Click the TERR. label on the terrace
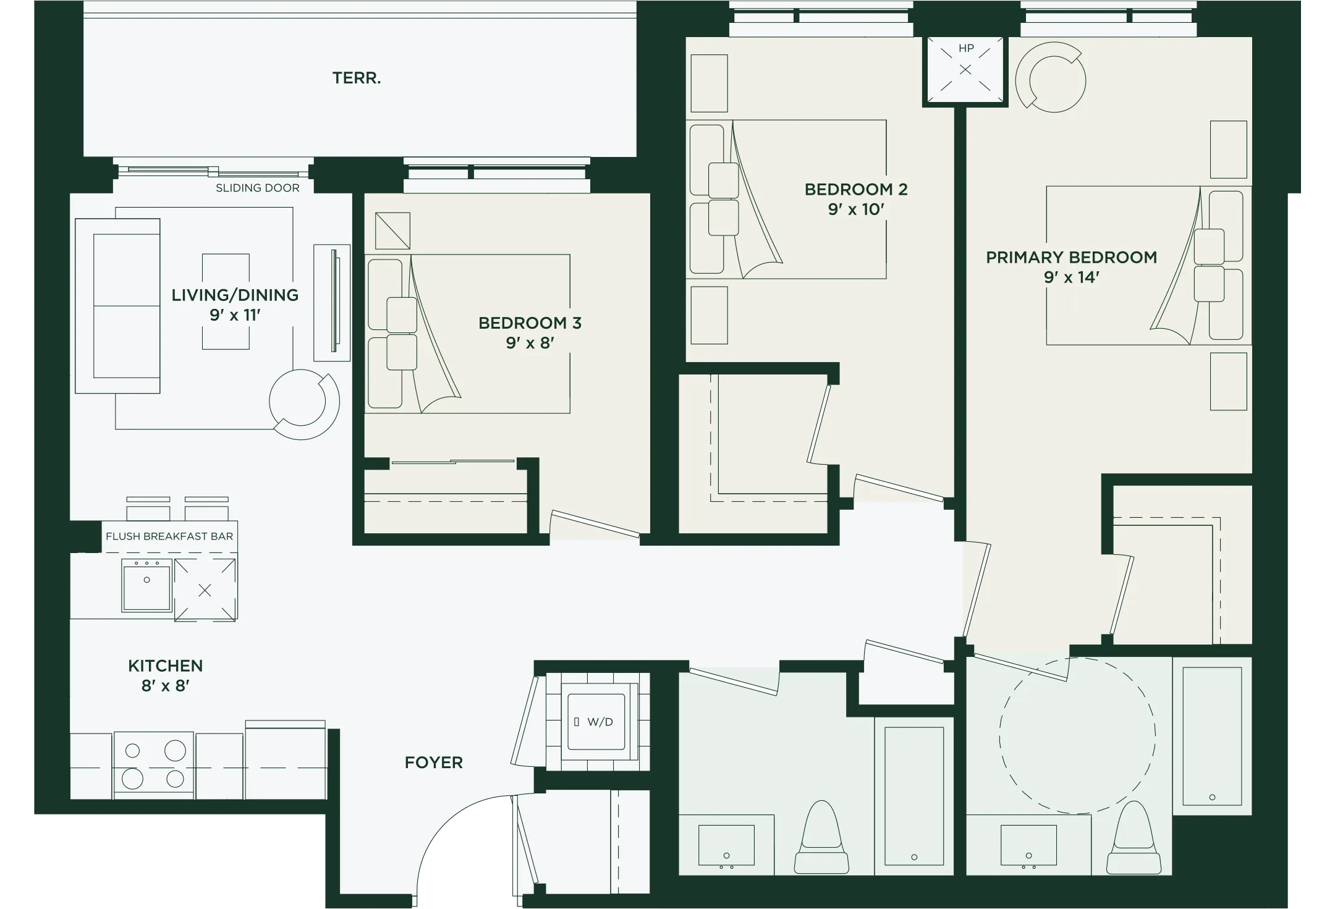click(357, 78)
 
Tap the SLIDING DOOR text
click(257, 188)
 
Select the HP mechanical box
click(965, 70)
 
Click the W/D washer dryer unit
click(596, 722)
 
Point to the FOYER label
click(433, 763)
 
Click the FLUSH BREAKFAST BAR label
click(169, 536)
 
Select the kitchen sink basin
click(146, 585)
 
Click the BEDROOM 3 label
click(530, 323)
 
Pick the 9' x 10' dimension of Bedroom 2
click(856, 210)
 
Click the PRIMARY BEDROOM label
click(1071, 257)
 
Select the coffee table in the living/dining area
click(226, 301)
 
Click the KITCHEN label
click(165, 666)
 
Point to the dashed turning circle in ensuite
click(1077, 735)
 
